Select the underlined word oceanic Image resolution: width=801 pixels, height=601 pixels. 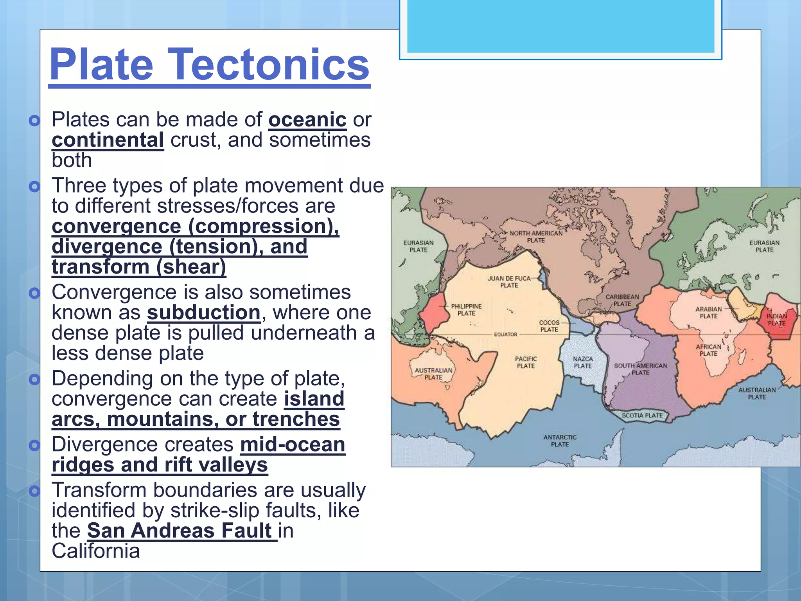pos(307,120)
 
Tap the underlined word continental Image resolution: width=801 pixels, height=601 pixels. pos(108,140)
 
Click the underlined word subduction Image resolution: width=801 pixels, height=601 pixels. pos(203,313)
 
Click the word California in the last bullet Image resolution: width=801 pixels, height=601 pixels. pos(95,551)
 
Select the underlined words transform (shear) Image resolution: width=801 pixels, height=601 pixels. pos(139,267)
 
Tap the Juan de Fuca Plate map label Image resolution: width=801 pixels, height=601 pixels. pos(509,282)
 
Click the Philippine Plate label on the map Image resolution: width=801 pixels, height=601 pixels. pos(466,309)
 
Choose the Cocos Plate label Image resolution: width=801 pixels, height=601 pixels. pos(549,326)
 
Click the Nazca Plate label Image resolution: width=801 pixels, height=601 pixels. pos(583,362)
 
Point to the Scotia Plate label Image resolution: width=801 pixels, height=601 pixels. pos(642,416)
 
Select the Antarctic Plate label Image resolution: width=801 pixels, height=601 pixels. pos(560,441)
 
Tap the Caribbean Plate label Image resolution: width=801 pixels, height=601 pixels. pos(622,300)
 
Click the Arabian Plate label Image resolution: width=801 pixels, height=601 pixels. pos(708,312)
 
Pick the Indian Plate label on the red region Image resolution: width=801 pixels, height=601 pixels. pos(776,320)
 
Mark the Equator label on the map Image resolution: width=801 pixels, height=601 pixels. pos(505,335)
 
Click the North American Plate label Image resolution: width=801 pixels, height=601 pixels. pos(536,236)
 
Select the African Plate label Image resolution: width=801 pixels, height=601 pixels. pos(708,350)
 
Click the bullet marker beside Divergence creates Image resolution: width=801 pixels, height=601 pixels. pos(35,445)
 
